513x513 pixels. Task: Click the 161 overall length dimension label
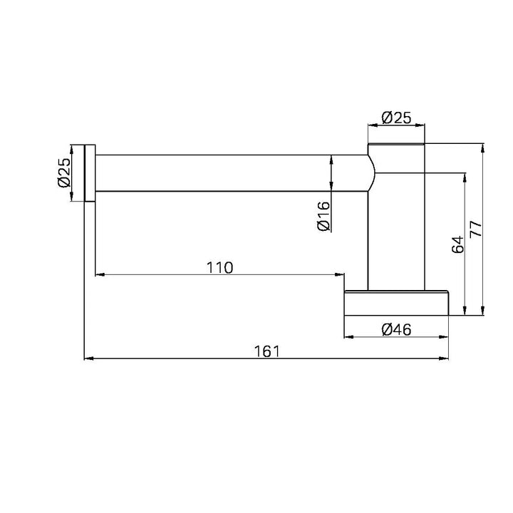coord(267,351)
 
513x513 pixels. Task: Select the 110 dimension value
coord(219,268)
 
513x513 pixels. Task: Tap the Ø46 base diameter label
coord(396,329)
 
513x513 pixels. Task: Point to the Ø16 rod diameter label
coord(324,217)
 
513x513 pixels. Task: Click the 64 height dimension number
coord(457,244)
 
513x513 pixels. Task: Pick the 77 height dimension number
coord(476,229)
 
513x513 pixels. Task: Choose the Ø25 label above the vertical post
coord(396,118)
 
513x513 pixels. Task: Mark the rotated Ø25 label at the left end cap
coord(64,172)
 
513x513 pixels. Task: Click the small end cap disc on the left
coord(90,172)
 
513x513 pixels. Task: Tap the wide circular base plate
coord(396,303)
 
